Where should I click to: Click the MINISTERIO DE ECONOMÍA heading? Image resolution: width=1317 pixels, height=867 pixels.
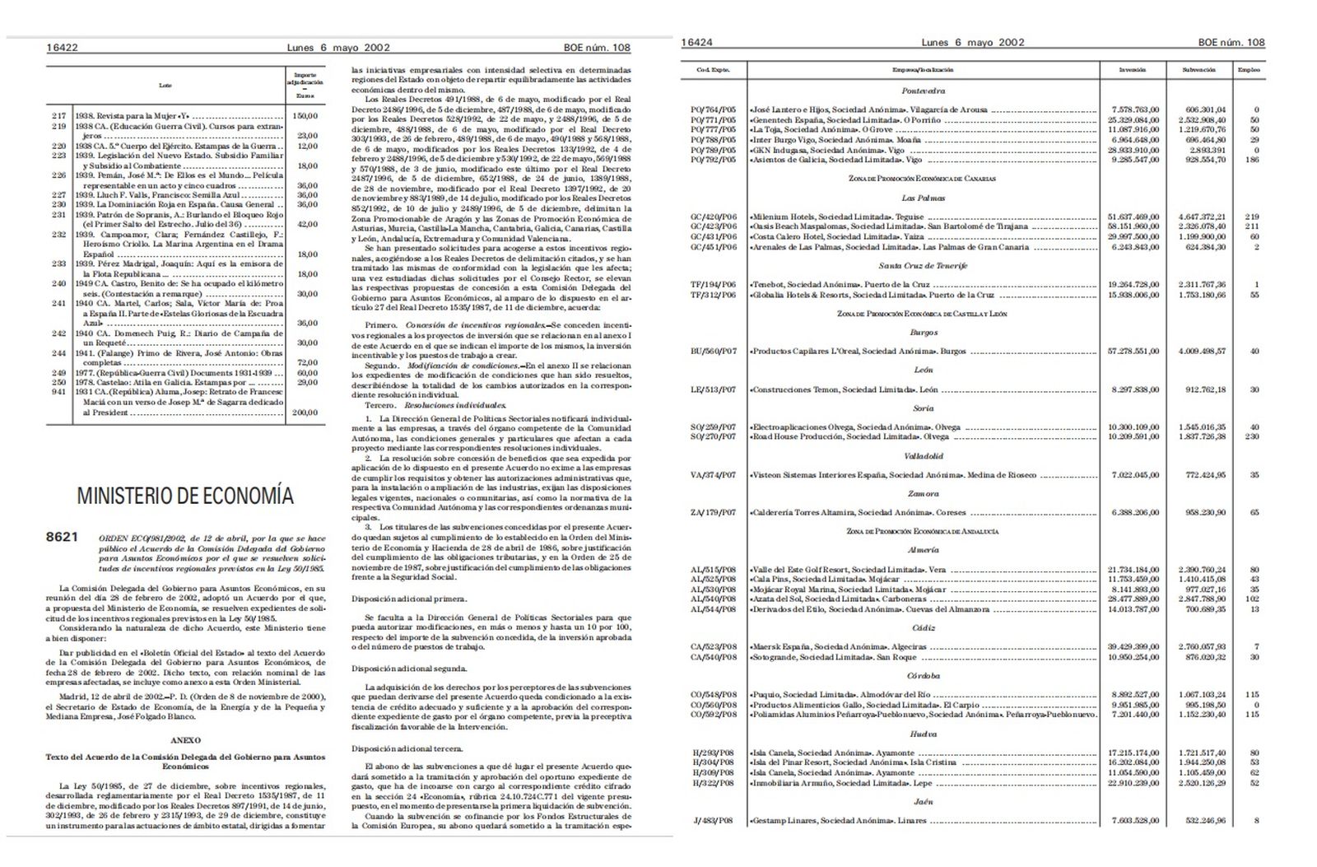point(184,496)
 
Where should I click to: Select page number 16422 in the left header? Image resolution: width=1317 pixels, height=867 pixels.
point(63,48)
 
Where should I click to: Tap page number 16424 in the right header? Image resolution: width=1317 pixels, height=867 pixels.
point(697,42)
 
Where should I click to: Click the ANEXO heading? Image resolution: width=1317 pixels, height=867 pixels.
point(186,740)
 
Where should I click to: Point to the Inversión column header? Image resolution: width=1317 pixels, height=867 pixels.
point(1133,70)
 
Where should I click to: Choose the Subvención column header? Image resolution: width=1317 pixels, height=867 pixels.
point(1199,70)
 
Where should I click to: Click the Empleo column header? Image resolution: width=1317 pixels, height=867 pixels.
point(1249,70)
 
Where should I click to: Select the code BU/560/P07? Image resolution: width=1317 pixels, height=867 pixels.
point(714,351)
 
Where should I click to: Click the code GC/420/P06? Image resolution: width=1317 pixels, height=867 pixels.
point(714,217)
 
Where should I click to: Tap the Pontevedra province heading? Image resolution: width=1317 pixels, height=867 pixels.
point(923,91)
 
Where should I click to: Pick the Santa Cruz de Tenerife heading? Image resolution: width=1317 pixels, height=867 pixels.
point(923,266)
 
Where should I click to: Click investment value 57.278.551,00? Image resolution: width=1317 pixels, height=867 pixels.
point(1133,351)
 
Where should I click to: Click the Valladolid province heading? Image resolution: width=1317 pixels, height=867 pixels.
point(923,456)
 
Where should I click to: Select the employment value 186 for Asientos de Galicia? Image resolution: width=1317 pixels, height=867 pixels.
point(1253,160)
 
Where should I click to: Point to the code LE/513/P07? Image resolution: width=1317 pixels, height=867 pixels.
point(714,389)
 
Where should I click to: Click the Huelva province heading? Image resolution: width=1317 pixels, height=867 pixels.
point(923,734)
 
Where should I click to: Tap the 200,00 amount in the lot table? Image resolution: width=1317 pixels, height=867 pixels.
point(306,413)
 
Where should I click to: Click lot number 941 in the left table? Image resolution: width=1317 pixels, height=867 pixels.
point(58,394)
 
